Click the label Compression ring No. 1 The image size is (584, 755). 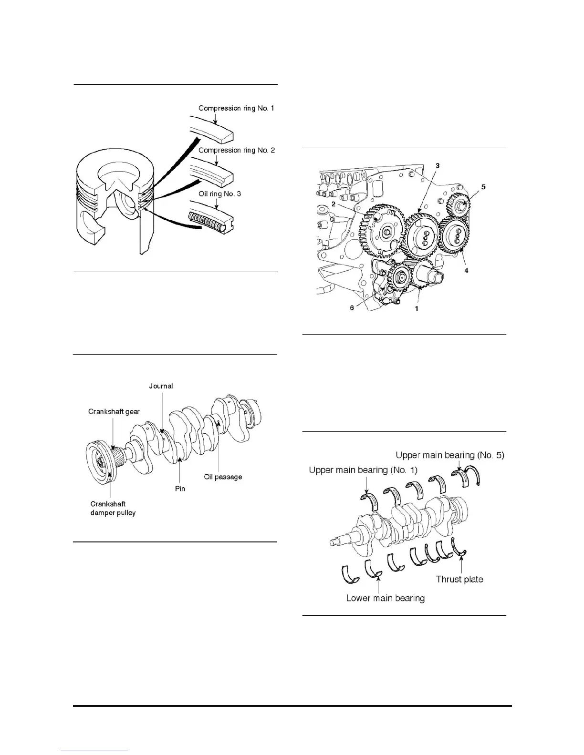click(x=236, y=108)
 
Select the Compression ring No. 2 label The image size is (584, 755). click(x=236, y=150)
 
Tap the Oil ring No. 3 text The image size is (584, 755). click(x=220, y=194)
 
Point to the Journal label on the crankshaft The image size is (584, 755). click(x=161, y=386)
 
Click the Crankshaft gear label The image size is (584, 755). click(x=114, y=411)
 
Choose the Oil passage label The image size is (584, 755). click(x=223, y=477)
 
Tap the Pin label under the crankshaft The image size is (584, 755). click(x=180, y=489)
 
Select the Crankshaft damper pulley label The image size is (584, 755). click(x=113, y=509)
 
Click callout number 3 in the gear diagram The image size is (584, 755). click(x=437, y=165)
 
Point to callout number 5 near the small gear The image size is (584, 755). click(x=483, y=187)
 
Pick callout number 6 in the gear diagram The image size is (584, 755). click(x=352, y=308)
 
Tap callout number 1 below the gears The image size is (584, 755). click(x=417, y=308)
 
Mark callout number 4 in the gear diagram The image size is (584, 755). click(x=466, y=270)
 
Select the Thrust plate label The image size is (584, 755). click(x=459, y=579)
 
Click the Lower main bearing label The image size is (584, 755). click(x=385, y=598)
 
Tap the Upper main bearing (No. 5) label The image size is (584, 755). click(x=449, y=455)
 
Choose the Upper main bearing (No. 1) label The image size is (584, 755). click(x=363, y=470)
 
